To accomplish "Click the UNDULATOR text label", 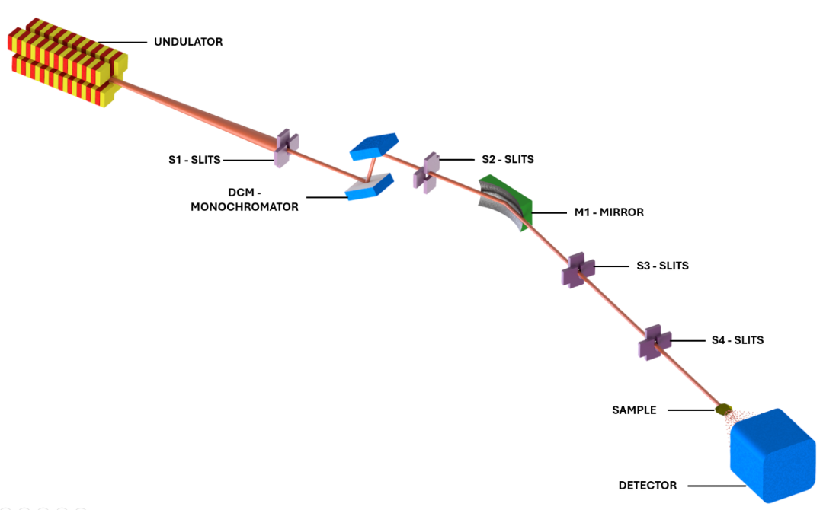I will [188, 42].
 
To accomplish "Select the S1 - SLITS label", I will [194, 160].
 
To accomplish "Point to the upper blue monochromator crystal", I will [374, 146].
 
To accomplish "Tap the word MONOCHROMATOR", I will [245, 206].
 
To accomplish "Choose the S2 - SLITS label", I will [508, 160].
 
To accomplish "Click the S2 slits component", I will [425, 171].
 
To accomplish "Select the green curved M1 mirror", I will [506, 202].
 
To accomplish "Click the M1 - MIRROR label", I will [609, 212].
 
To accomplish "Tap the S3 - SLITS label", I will [662, 266].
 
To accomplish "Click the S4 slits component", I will [654, 342].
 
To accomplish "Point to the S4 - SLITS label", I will [737, 340].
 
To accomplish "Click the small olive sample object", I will [722, 410].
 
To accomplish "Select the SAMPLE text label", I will [634, 410].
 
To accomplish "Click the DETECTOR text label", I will [647, 485].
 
